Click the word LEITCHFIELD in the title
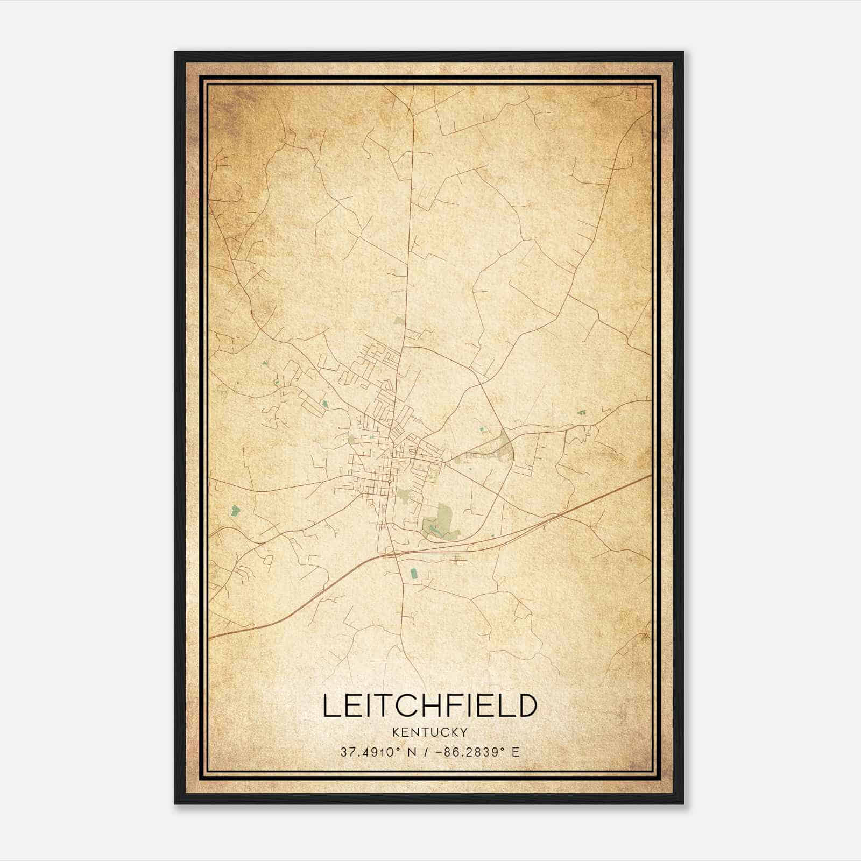(x=430, y=705)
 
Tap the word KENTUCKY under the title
(x=430, y=732)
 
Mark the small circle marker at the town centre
(x=389, y=481)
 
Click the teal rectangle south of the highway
(x=413, y=573)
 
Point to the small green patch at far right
(x=581, y=413)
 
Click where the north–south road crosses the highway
(x=397, y=553)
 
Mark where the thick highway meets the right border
(x=651, y=475)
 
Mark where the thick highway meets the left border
(x=210, y=638)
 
